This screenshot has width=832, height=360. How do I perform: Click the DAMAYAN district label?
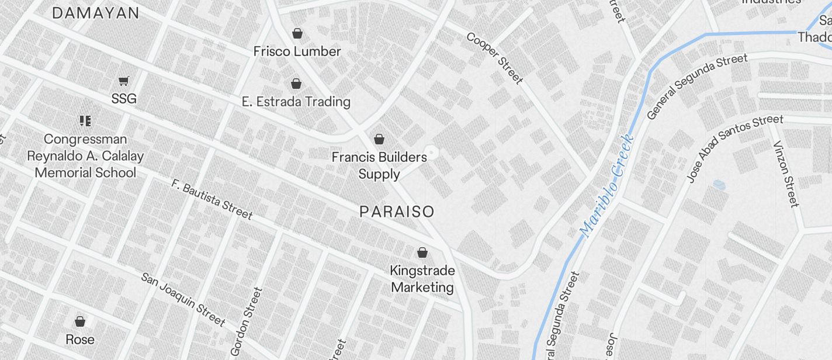tap(96, 13)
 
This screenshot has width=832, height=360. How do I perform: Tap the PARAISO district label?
tap(397, 212)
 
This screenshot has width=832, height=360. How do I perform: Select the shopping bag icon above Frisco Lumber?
tap(297, 33)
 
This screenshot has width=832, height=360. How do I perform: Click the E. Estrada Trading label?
tap(296, 102)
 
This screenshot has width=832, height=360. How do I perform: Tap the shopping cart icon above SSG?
tap(123, 81)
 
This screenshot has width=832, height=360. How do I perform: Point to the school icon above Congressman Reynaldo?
tap(85, 121)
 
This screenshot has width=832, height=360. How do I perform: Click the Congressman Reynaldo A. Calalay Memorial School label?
tap(85, 156)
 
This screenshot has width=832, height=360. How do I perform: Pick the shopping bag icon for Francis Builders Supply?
tap(379, 139)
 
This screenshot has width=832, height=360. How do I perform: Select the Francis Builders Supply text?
tap(379, 165)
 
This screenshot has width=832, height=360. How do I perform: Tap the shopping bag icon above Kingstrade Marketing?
tap(422, 252)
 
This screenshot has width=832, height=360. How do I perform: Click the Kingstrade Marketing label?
tap(422, 279)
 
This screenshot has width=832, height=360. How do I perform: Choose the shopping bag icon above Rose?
tap(80, 321)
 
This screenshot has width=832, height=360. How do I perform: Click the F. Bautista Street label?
tap(212, 199)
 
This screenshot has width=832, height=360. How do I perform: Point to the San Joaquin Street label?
tap(183, 299)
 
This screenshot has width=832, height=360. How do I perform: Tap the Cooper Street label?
tap(494, 58)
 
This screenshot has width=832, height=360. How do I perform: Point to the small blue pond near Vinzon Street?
tap(719, 185)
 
